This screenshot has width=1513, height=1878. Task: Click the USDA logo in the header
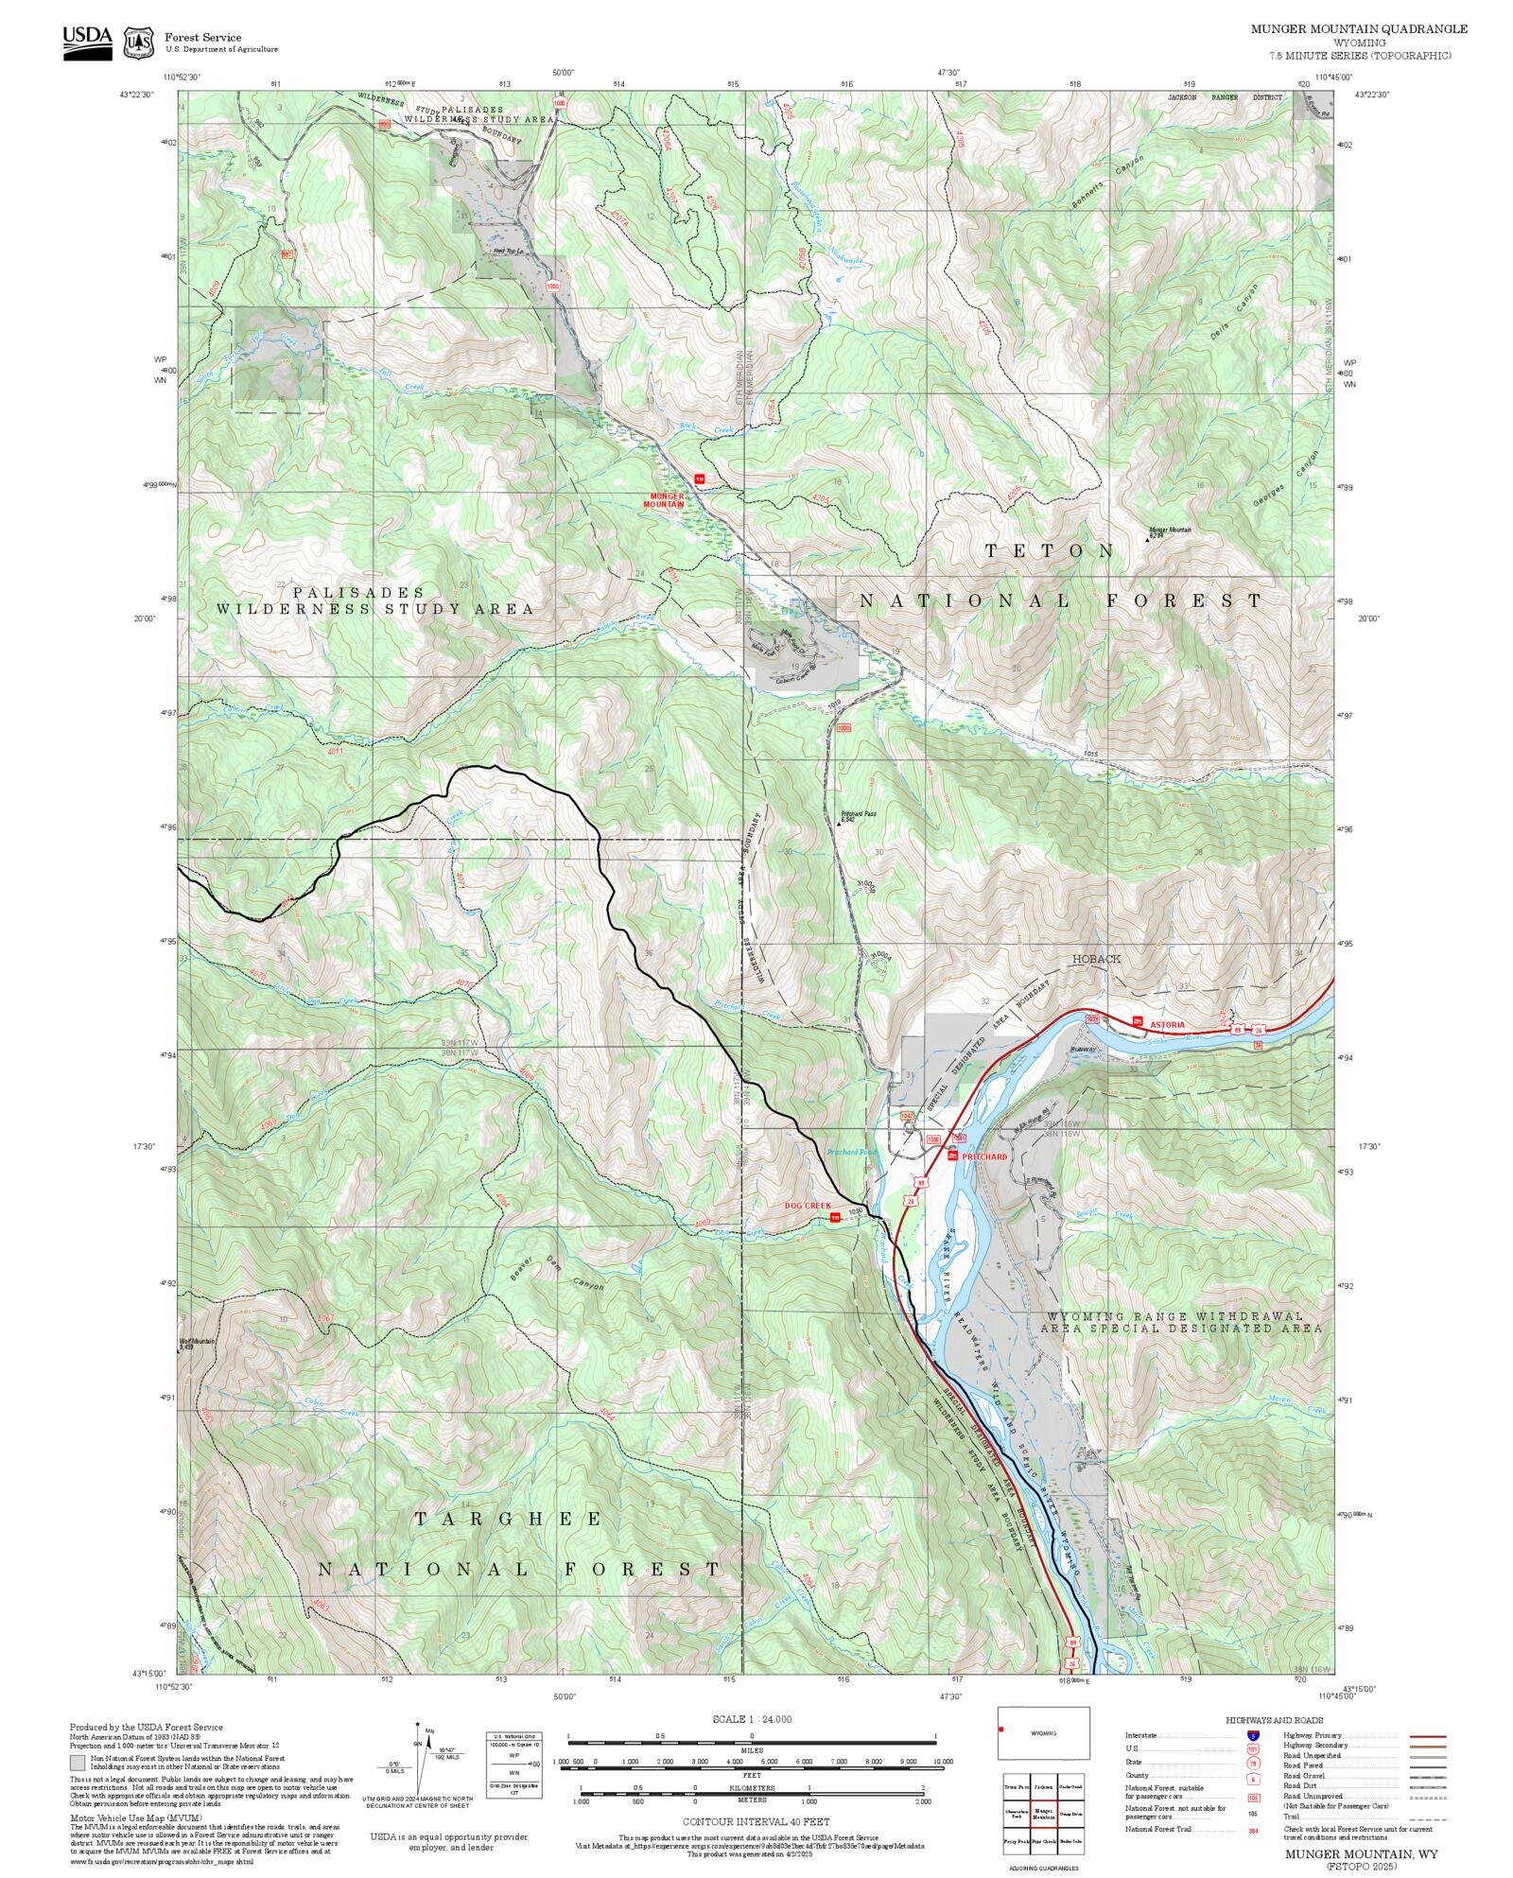click(87, 43)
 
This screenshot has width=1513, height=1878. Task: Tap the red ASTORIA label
click(1167, 1025)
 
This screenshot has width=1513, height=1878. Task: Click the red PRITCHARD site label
click(984, 1156)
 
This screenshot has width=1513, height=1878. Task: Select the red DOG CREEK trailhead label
click(808, 1206)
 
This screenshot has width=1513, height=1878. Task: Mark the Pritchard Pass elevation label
click(859, 816)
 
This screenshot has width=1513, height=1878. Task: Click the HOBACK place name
click(1096, 959)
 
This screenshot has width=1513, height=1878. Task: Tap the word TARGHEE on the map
click(509, 1519)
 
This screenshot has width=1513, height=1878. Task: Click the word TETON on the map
click(1050, 550)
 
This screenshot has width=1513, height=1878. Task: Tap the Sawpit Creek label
click(1107, 1214)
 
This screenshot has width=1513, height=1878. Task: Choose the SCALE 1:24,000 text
click(752, 1719)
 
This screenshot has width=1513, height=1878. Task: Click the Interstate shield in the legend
click(1253, 1735)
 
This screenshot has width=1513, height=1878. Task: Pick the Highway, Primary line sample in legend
click(1427, 1736)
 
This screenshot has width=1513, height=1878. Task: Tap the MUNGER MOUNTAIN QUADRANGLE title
click(1359, 29)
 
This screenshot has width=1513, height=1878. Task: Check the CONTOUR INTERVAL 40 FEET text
click(756, 1820)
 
